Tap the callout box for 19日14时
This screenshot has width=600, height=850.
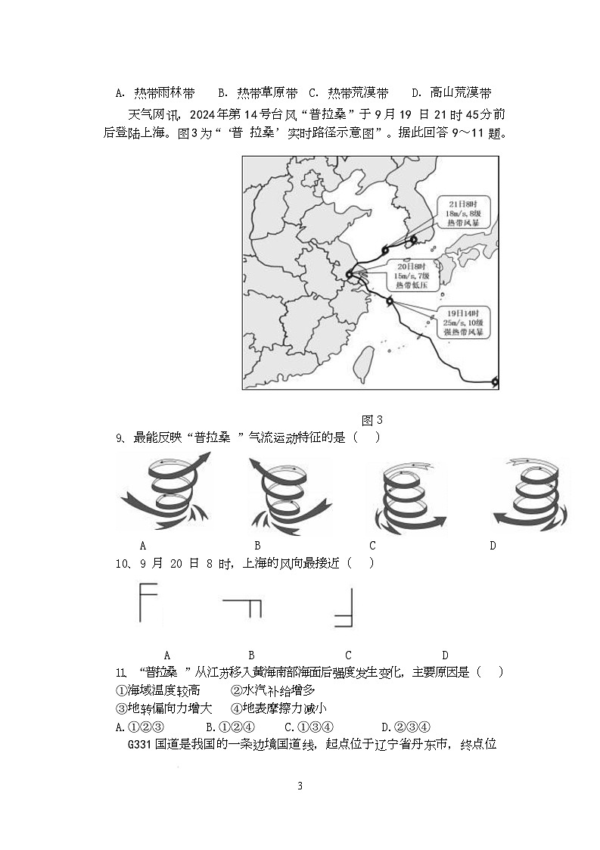pos(464,322)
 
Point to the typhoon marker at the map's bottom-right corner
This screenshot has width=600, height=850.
pos(495,382)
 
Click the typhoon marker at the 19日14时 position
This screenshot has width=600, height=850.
pos(390,301)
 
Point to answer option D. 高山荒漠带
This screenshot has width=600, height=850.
pos(451,93)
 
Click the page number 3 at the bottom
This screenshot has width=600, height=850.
pos(300,786)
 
